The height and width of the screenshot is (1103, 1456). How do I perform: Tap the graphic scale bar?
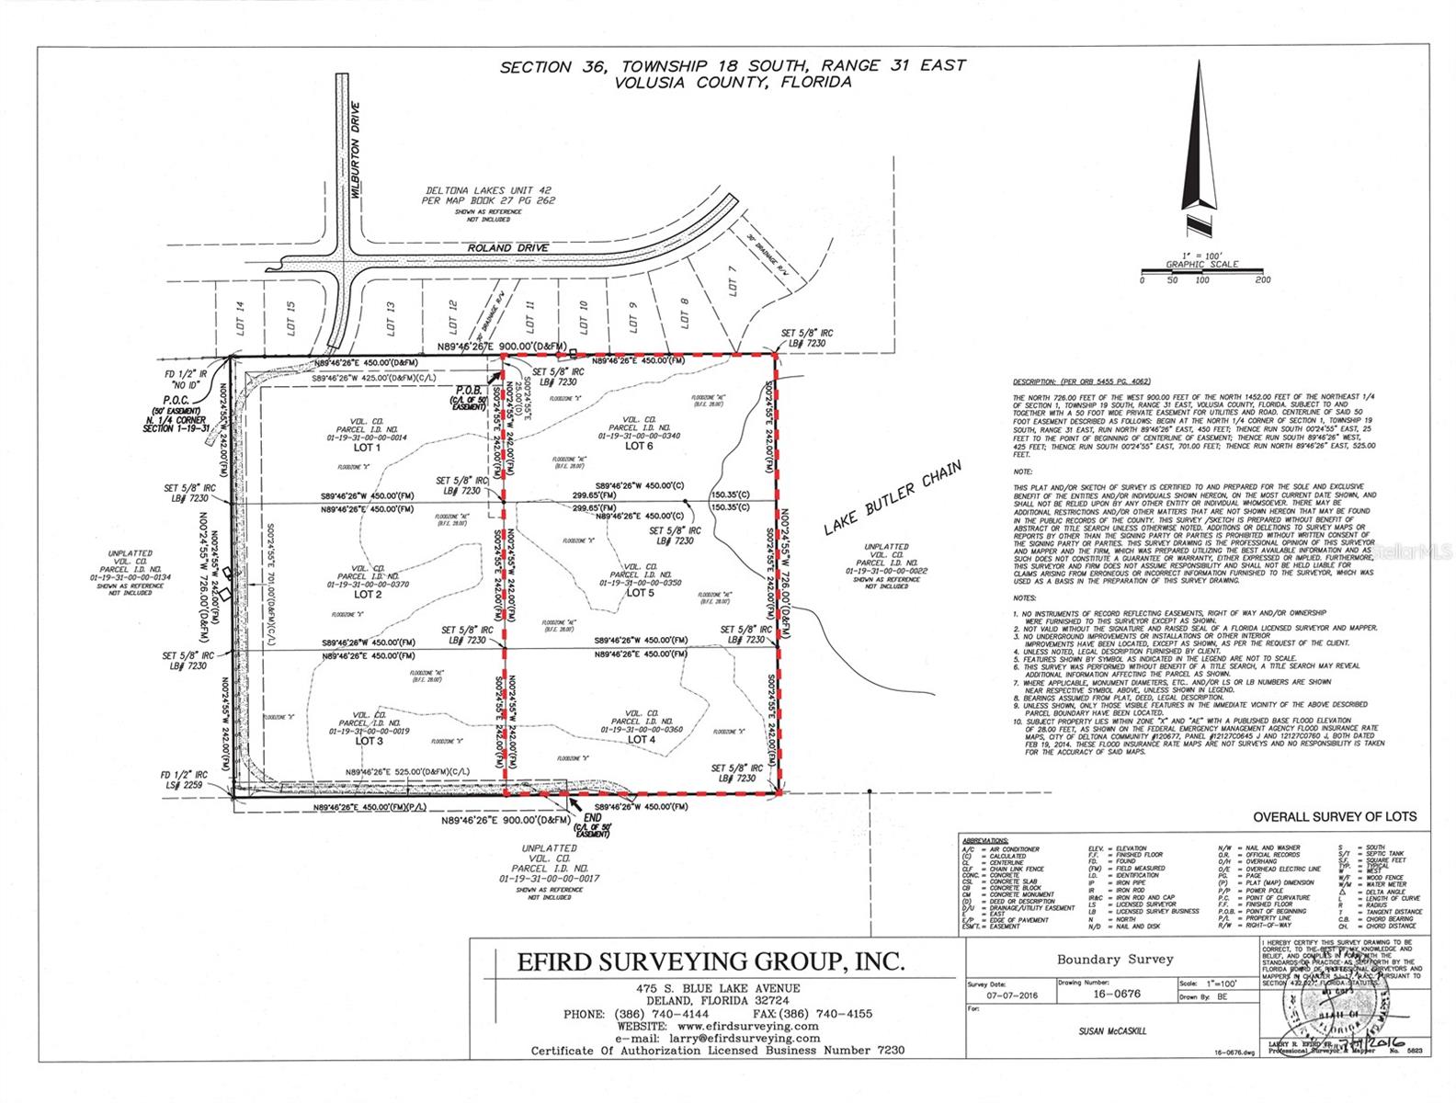1201,272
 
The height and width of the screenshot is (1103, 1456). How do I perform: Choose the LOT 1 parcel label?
367,448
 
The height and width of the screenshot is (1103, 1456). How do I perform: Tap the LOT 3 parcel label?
368,740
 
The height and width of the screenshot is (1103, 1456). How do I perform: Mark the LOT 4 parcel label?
641,739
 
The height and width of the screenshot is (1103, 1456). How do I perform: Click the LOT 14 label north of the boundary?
240,317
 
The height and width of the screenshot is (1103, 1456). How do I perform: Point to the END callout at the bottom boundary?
593,816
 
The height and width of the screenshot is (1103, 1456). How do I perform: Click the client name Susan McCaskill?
1114,1030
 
